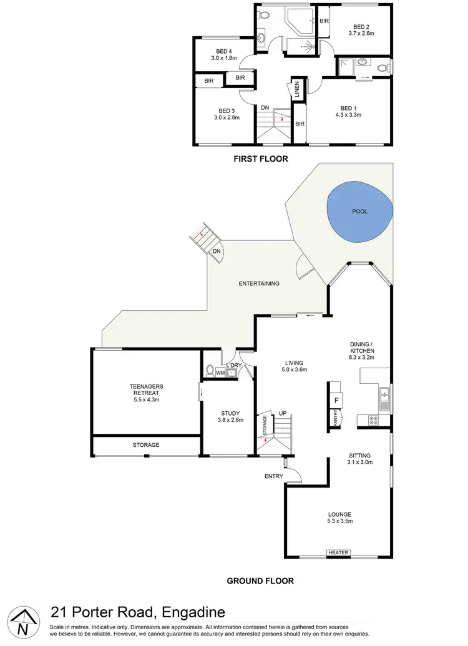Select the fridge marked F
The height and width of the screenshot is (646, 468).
point(336,399)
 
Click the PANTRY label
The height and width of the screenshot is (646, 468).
point(336,416)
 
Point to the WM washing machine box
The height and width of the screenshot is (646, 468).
point(220,373)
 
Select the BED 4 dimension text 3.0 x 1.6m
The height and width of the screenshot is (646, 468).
point(224,59)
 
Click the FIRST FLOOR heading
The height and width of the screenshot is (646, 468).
point(260,159)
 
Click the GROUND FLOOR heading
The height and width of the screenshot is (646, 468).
point(260,580)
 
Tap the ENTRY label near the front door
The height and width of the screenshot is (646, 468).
point(273,476)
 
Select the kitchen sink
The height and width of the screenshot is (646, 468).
point(385,394)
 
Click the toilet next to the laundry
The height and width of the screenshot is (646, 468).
point(210,370)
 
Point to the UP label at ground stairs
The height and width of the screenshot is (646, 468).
point(282,413)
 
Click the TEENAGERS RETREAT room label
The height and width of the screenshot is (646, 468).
point(147,390)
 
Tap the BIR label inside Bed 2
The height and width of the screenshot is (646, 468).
point(324,21)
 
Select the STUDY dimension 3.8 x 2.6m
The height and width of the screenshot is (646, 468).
point(230,421)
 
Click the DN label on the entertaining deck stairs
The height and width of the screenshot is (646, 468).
point(217,251)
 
